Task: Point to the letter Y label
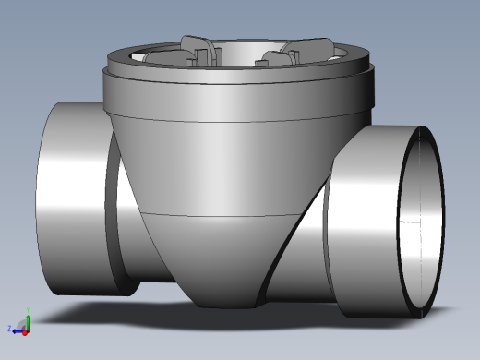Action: (29, 313)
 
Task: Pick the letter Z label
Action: (10, 329)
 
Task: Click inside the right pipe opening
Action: (420, 222)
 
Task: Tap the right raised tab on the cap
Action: (309, 49)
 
